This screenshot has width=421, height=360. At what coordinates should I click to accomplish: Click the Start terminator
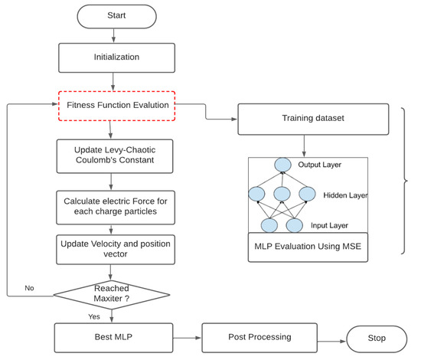[x=117, y=16]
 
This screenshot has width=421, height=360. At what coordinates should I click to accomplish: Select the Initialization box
[x=117, y=57]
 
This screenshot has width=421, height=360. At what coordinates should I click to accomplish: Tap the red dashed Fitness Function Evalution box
[x=117, y=106]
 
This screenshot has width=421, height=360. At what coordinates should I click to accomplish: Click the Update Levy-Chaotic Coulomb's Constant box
[x=115, y=156]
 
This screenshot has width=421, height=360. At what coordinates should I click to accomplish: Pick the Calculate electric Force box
[x=116, y=208]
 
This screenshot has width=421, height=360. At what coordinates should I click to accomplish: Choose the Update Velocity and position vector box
[x=116, y=250]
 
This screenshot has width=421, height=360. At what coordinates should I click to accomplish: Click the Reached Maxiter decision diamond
[x=112, y=295]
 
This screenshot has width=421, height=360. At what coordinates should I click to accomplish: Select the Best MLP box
[x=113, y=338]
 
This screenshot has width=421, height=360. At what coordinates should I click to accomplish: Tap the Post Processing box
[x=259, y=338]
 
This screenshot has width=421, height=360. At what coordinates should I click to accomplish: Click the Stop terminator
[x=377, y=339]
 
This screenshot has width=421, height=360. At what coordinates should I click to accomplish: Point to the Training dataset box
[x=313, y=119]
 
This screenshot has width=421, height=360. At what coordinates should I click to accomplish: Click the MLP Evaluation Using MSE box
[x=308, y=247]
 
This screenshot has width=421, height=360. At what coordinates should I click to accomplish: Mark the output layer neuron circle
[x=282, y=165]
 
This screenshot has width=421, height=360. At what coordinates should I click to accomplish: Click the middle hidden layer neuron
[x=282, y=194]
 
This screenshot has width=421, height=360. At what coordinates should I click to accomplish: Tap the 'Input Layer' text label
[x=329, y=225]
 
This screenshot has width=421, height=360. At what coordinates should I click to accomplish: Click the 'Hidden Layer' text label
[x=345, y=195]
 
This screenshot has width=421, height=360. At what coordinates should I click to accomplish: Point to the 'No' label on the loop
[x=29, y=288]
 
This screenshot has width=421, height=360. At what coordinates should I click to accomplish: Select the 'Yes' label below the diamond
[x=94, y=317]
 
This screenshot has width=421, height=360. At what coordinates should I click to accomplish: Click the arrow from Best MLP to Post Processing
[x=187, y=338]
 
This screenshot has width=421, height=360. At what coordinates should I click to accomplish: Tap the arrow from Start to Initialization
[x=113, y=35]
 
